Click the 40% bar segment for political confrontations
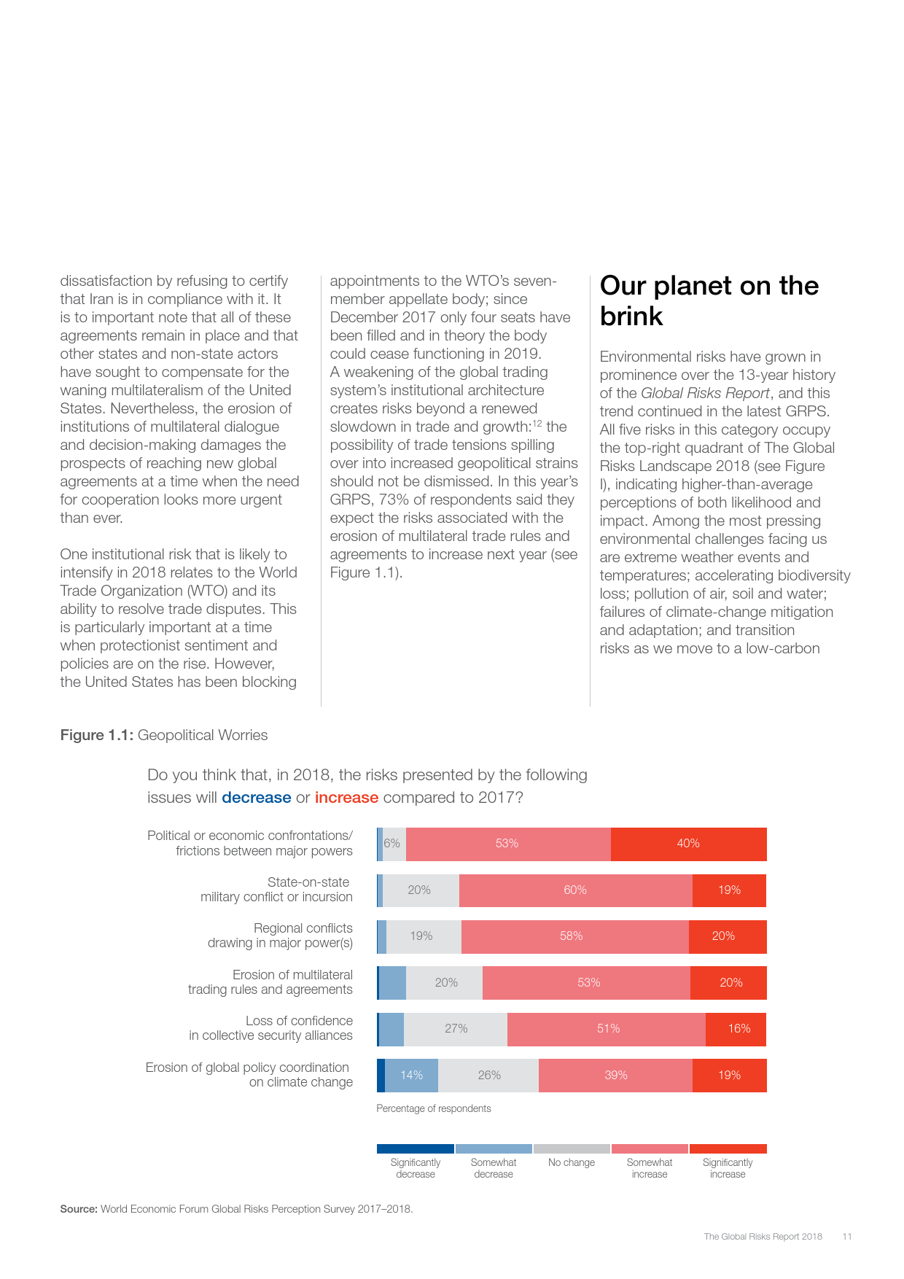tap(688, 844)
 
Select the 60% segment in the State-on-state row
tap(575, 890)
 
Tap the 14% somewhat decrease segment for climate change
tap(411, 1075)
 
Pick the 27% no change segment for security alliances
tap(456, 1029)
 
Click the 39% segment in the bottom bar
tap(615, 1075)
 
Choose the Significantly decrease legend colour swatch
tap(416, 1148)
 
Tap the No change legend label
tap(572, 1162)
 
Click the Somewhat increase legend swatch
tap(650, 1148)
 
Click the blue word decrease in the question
tap(256, 798)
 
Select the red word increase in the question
tap(346, 798)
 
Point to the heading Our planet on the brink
tap(709, 300)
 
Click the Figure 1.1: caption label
tap(96, 735)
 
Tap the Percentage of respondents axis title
tap(433, 1108)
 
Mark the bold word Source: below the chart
tap(79, 1209)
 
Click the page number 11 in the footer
tap(846, 1237)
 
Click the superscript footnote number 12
tap(537, 423)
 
